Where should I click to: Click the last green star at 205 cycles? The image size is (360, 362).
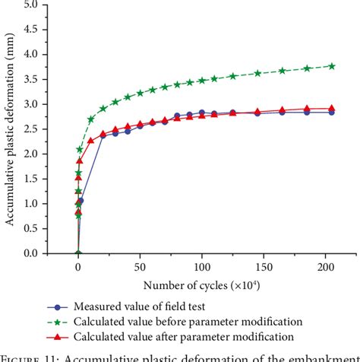click(x=332, y=66)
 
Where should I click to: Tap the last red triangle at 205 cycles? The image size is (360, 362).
click(x=332, y=109)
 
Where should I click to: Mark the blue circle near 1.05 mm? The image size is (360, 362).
click(x=81, y=201)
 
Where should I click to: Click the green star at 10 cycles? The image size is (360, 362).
click(x=91, y=119)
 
